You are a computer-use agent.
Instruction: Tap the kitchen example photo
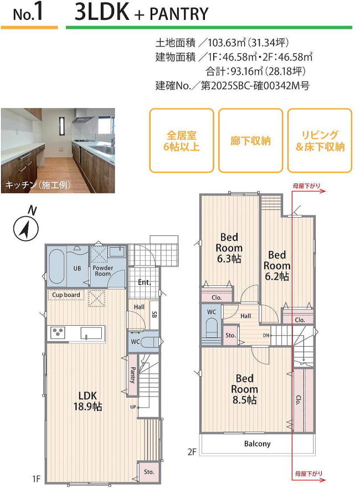[x=58, y=150]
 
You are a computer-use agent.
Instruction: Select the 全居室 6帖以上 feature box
[x=181, y=141]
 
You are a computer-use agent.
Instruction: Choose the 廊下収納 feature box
[x=250, y=141]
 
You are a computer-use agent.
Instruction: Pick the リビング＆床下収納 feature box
[x=320, y=141]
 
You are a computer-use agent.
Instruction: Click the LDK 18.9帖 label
[x=88, y=400]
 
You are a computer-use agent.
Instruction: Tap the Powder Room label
[x=102, y=271]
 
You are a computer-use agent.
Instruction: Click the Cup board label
[x=66, y=295]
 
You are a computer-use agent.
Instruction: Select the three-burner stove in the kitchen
[x=58, y=332]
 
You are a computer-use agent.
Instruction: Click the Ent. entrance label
[x=145, y=282]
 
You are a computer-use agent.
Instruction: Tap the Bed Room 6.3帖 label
[x=229, y=247]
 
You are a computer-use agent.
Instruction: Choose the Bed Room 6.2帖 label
[x=277, y=265]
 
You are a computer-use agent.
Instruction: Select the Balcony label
[x=257, y=444]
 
